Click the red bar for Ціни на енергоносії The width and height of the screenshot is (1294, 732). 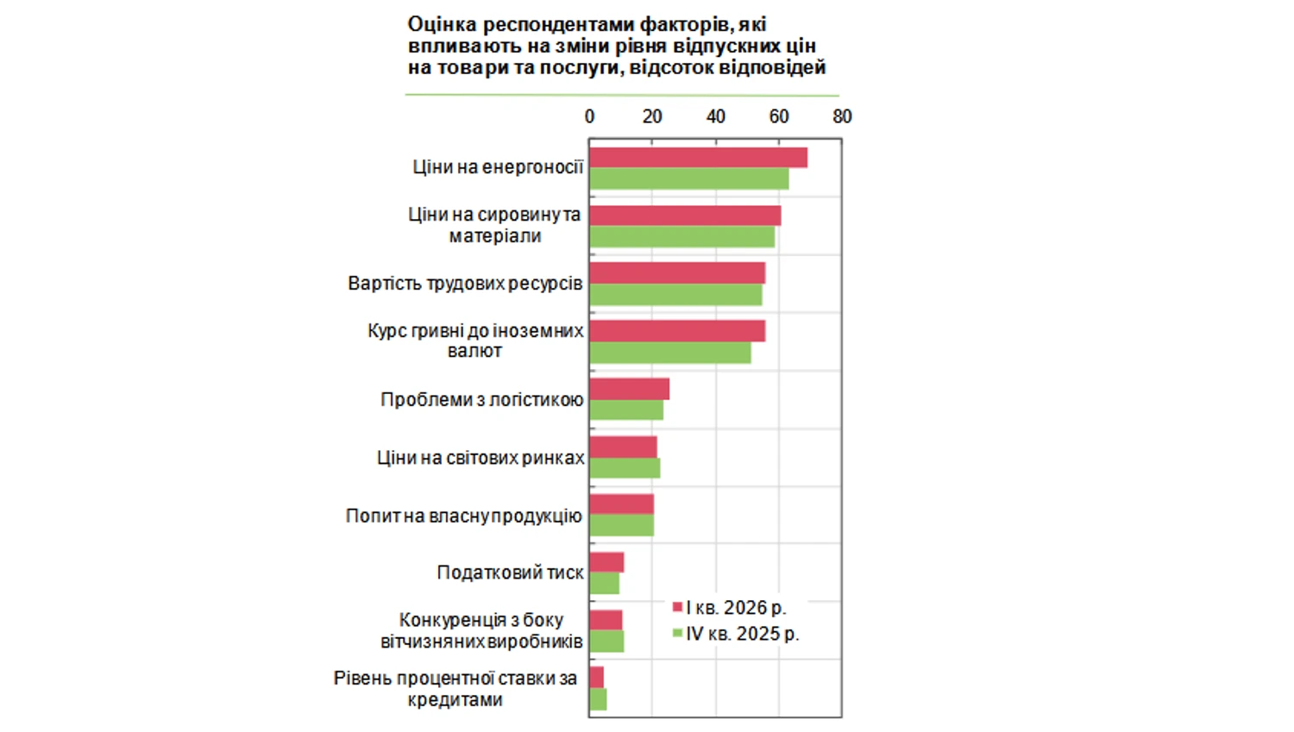[698, 158]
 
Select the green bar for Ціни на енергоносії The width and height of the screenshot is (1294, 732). [688, 178]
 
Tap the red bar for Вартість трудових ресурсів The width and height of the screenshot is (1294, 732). [677, 273]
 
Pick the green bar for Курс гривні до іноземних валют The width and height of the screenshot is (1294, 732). [669, 353]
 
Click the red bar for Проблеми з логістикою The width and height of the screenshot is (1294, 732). [629, 389]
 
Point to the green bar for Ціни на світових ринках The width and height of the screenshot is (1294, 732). [625, 468]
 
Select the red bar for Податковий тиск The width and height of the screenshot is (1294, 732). [606, 563]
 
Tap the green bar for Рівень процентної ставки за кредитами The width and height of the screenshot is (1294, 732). [598, 699]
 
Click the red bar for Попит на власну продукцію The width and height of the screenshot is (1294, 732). [621, 504]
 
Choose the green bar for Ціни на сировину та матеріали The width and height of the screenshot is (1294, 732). [682, 237]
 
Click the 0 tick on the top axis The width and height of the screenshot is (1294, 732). [589, 116]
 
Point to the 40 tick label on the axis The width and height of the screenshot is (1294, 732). [715, 116]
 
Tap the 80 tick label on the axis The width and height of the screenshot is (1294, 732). [842, 116]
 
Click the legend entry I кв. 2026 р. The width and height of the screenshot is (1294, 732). [736, 608]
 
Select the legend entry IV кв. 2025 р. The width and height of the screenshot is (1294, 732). [742, 634]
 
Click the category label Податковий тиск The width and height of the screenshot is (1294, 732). [510, 572]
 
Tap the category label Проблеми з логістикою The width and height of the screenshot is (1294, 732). [481, 400]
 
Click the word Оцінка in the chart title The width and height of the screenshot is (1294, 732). [442, 25]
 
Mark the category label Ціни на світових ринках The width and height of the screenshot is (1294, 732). [480, 458]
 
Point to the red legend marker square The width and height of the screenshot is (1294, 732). [677, 607]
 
